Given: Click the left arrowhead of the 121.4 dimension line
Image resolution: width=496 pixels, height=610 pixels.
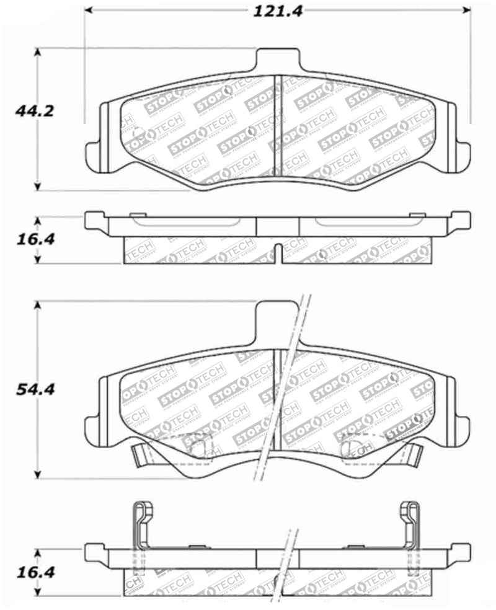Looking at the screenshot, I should [x=89, y=11].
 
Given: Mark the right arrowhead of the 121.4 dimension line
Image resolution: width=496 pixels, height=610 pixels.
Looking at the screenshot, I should [x=467, y=11].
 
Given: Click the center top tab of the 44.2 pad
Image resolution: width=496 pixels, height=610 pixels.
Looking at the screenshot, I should [x=277, y=61].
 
